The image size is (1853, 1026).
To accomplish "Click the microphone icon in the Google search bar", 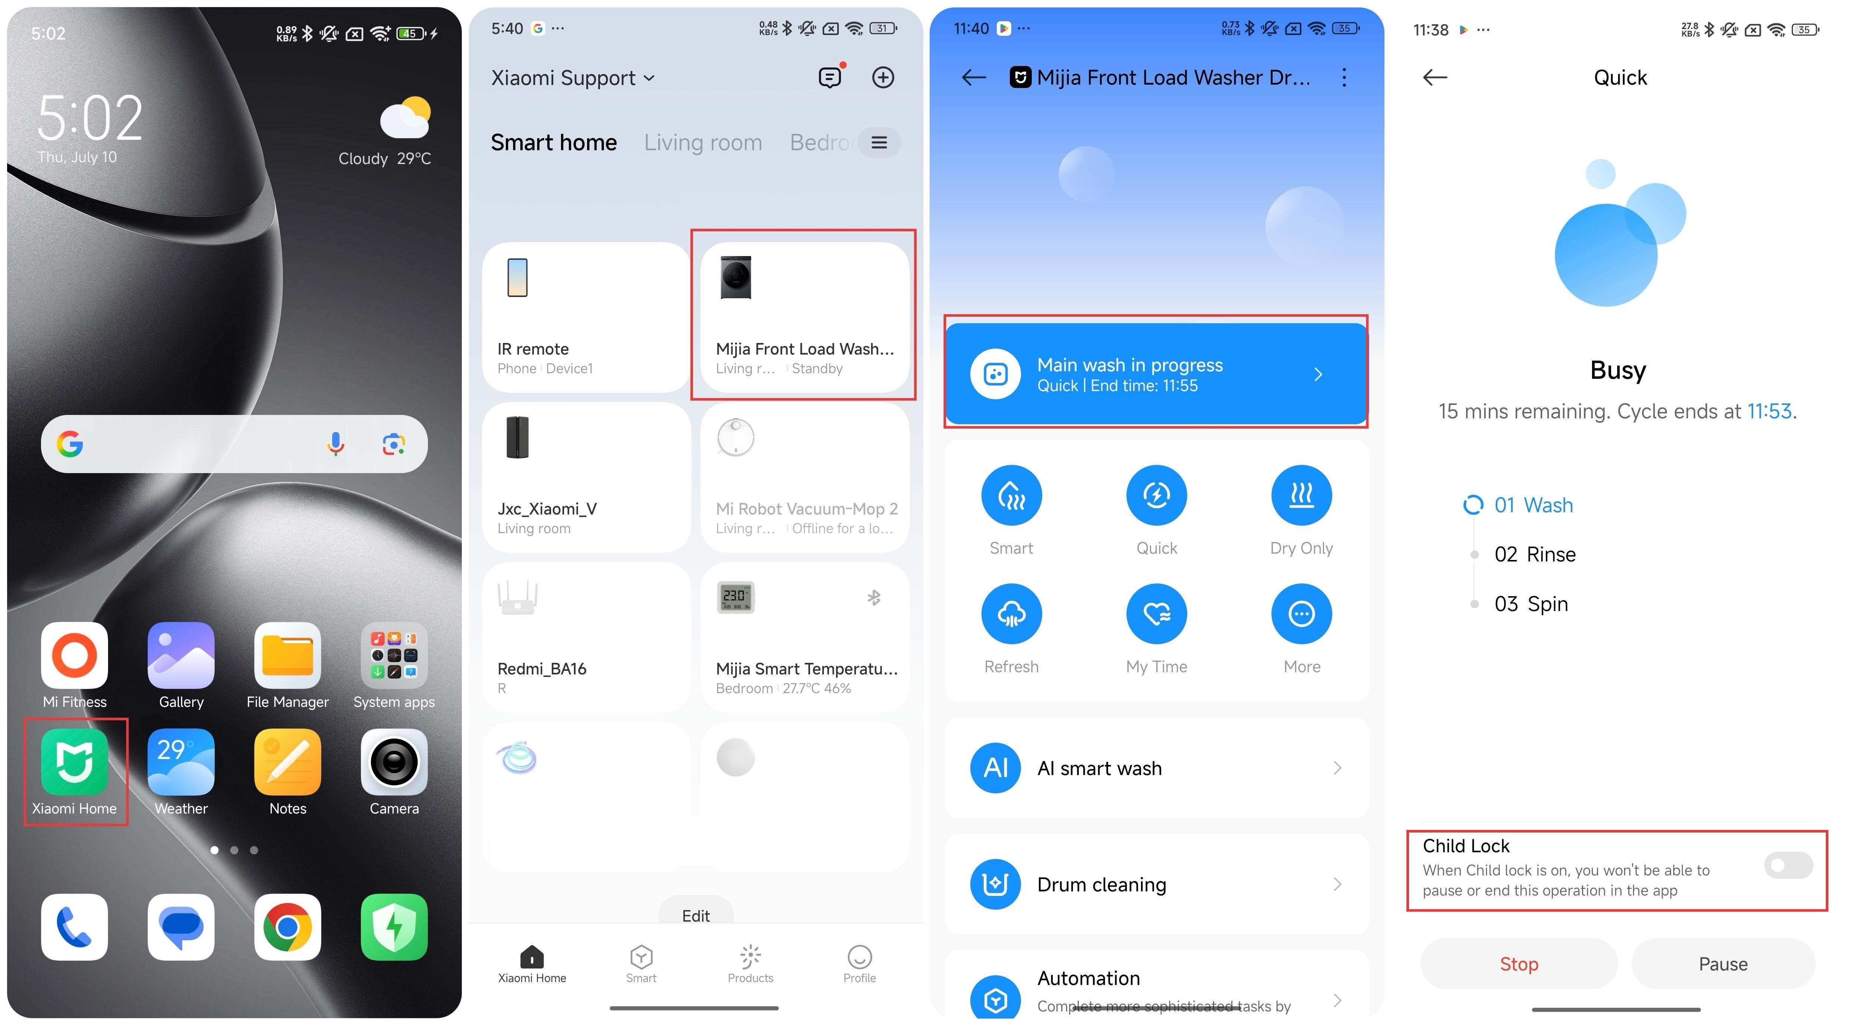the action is (335, 444).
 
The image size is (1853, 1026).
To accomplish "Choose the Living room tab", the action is (703, 142).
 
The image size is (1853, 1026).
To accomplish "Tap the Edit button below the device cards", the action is (696, 915).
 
